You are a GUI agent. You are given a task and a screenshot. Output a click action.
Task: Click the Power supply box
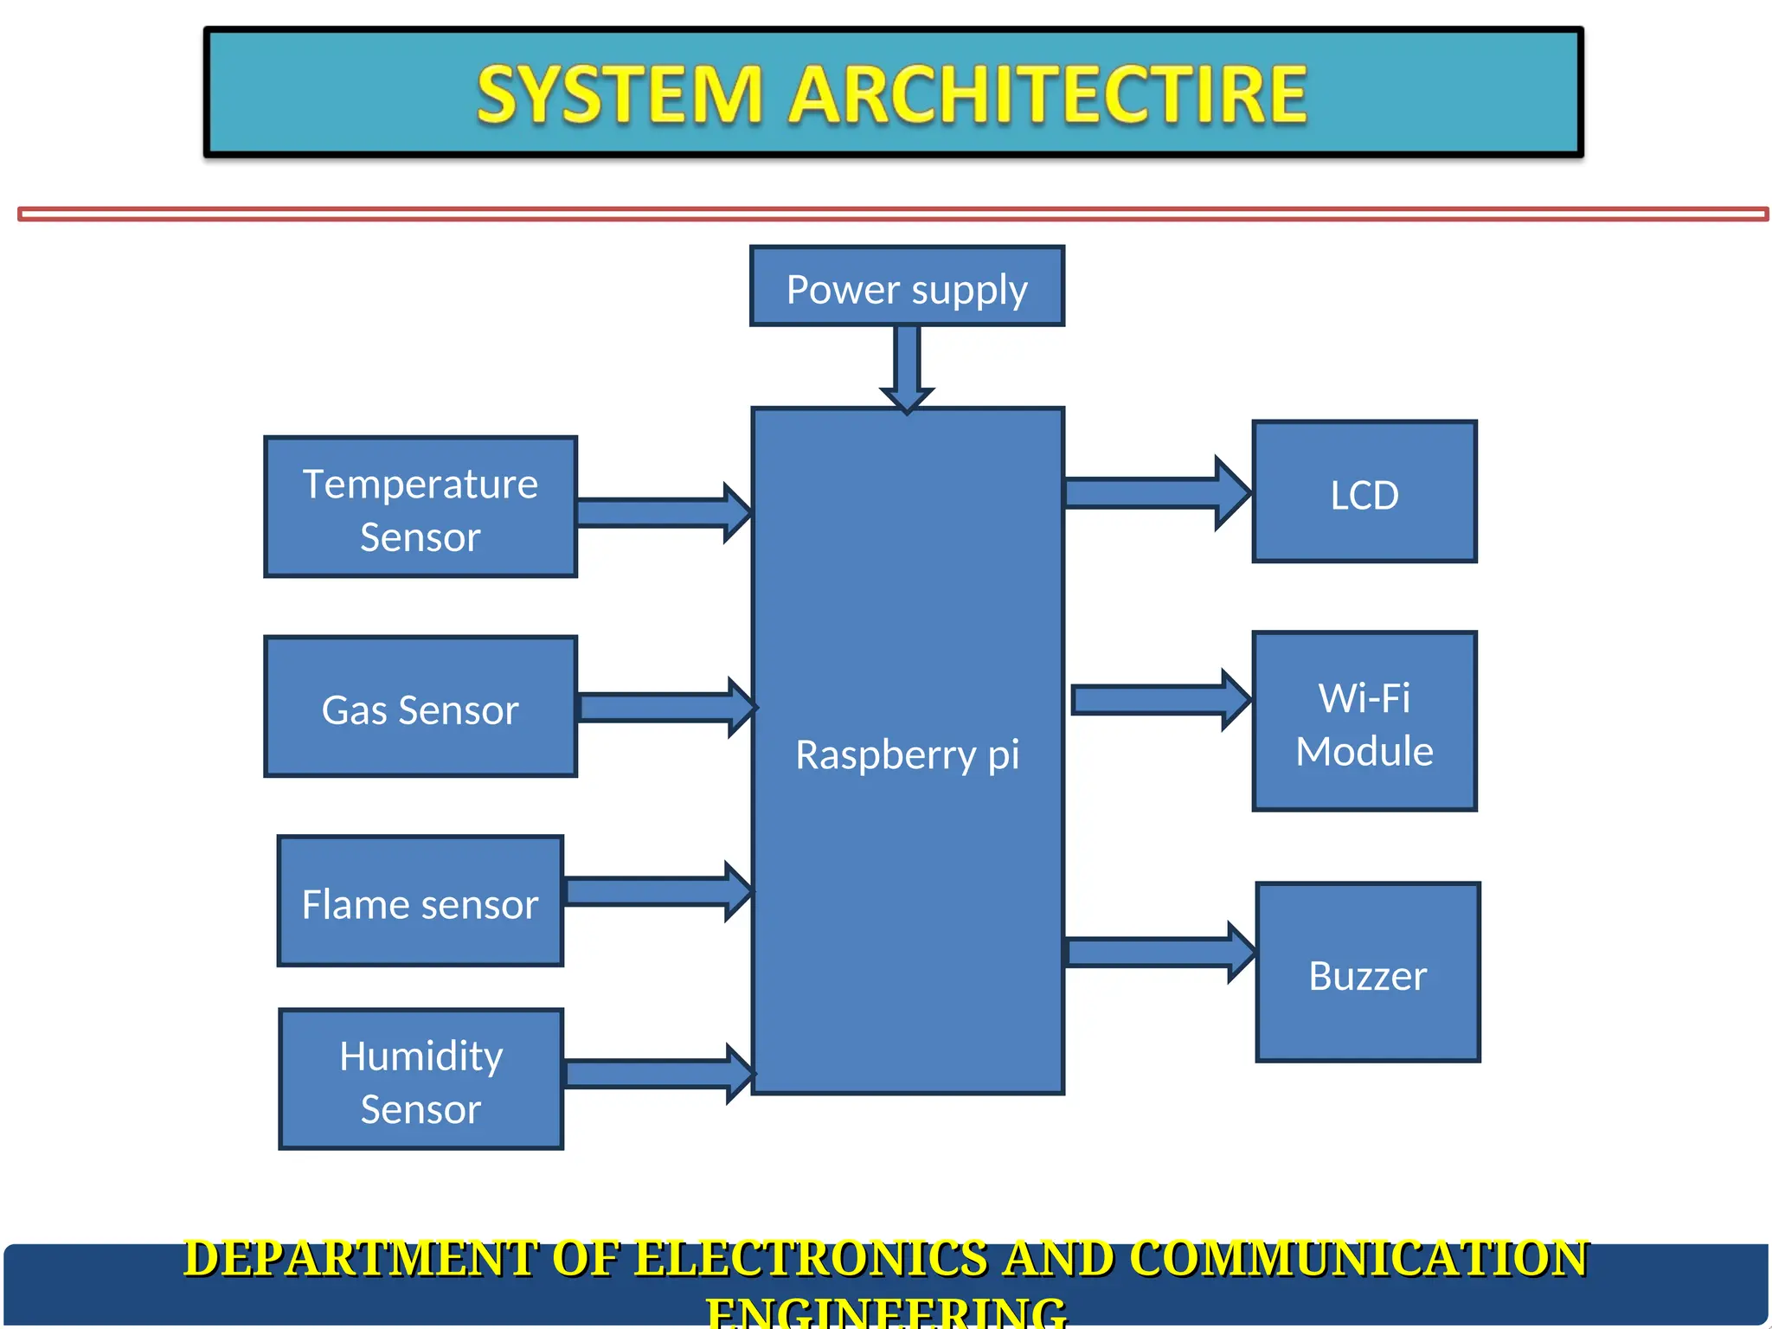tap(907, 286)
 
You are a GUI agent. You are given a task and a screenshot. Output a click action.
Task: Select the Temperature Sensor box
tap(421, 507)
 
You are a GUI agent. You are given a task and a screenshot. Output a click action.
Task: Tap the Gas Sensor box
tap(421, 707)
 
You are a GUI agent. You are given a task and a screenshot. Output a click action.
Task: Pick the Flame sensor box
tap(421, 901)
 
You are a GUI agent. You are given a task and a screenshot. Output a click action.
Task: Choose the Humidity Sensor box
tap(421, 1079)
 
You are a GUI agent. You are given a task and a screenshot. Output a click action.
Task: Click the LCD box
tap(1364, 492)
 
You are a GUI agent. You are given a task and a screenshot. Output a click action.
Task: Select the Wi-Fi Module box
tap(1364, 722)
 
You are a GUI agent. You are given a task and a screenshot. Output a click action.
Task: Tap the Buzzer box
tap(1368, 973)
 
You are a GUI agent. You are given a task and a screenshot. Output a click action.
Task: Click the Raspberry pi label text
tap(907, 754)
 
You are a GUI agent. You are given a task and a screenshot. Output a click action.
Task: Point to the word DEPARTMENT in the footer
tap(360, 1259)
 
